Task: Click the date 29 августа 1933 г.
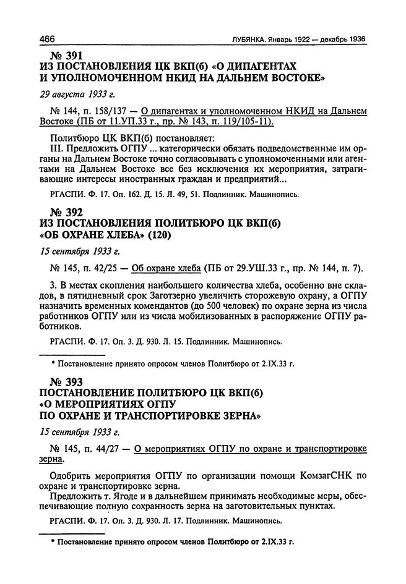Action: click(x=77, y=95)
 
